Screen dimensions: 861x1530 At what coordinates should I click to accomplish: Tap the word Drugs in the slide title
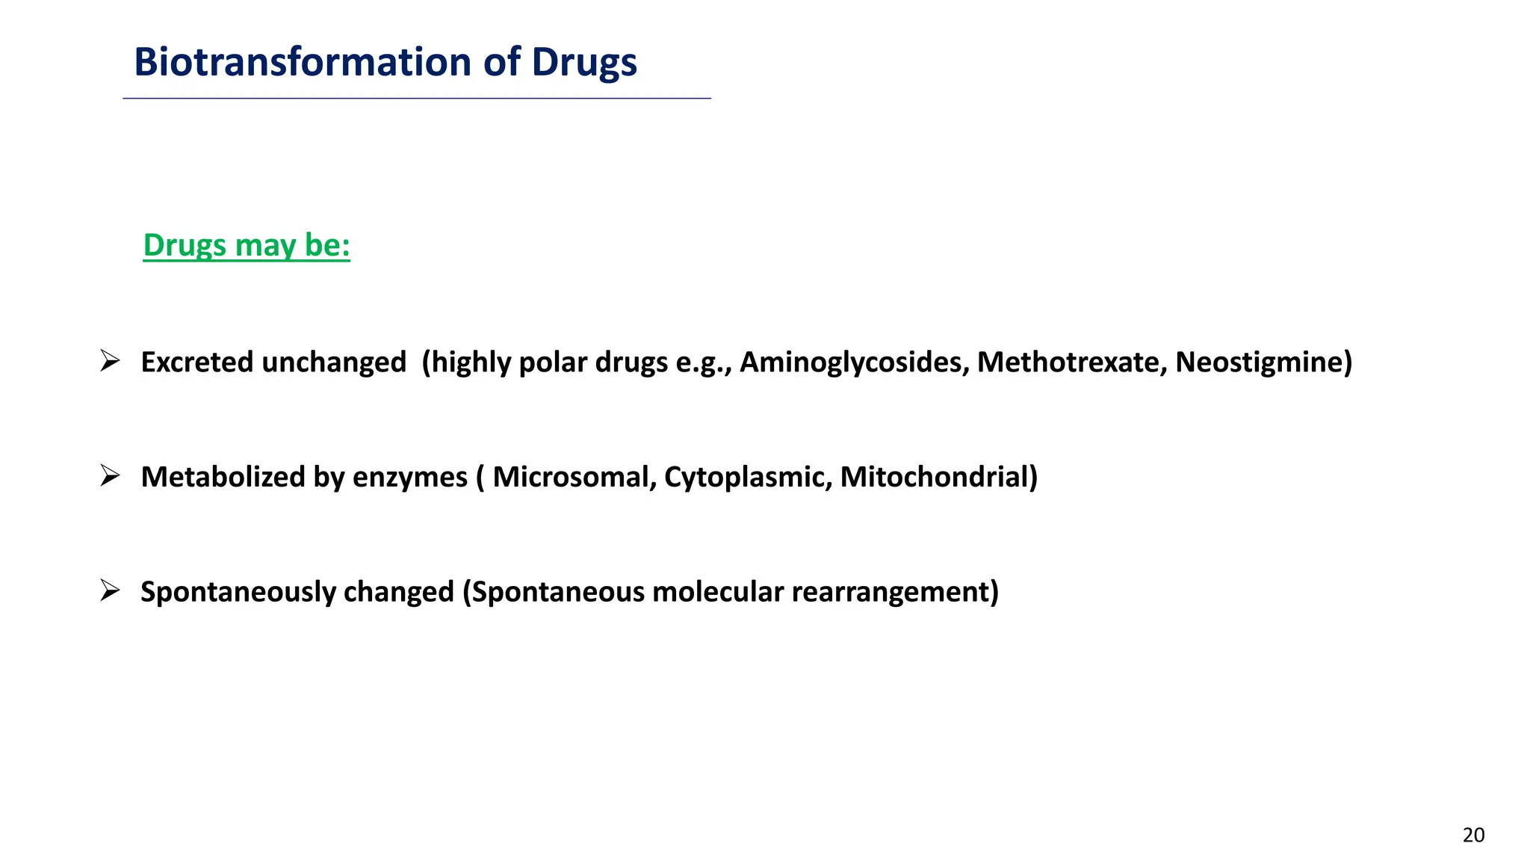click(x=584, y=62)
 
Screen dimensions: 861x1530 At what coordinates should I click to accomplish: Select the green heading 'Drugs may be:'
click(x=247, y=245)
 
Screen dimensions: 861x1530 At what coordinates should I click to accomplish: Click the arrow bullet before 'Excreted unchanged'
click(x=110, y=361)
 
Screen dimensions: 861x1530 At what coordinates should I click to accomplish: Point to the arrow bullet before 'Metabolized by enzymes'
click(x=110, y=475)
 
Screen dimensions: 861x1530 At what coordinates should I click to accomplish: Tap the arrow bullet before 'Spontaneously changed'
click(x=110, y=590)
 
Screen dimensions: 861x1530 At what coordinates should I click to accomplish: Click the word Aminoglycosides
click(x=853, y=362)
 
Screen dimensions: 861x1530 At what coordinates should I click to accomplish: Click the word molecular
click(x=717, y=592)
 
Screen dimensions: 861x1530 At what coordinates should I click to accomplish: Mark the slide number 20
click(x=1473, y=835)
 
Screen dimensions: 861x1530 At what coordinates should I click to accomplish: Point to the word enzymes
click(x=409, y=477)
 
